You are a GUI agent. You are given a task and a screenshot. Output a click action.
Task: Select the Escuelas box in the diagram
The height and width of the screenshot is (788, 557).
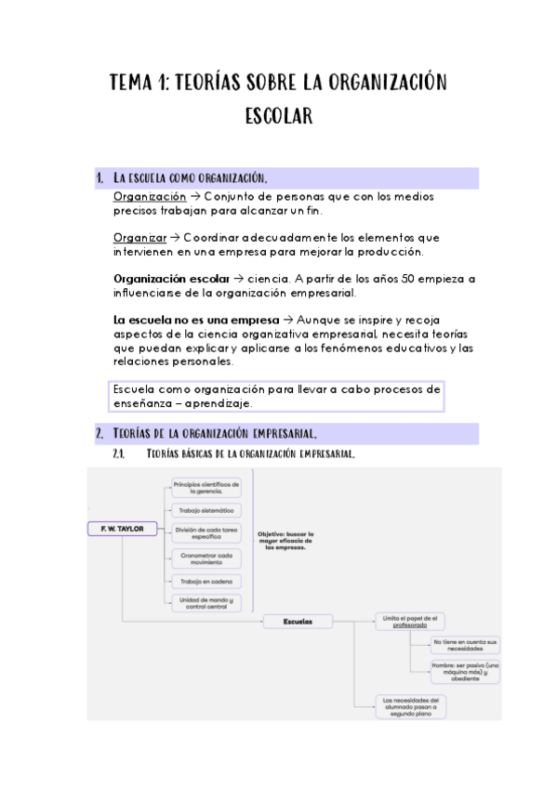298,621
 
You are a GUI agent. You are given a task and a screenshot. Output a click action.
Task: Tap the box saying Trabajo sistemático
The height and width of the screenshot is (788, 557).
206,510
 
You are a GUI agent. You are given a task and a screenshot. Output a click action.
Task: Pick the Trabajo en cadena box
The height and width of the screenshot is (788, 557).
206,581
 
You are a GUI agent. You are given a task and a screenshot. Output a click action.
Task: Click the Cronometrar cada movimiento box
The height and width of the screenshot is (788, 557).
206,558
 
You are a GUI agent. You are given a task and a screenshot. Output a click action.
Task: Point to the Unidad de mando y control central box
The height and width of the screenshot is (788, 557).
206,603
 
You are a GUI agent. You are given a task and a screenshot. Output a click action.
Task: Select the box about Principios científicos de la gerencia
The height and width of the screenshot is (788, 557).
206,487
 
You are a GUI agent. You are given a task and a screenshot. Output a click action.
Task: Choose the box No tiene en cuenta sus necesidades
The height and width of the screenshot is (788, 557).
466,645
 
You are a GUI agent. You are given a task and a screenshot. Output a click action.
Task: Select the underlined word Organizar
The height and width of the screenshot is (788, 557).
140,237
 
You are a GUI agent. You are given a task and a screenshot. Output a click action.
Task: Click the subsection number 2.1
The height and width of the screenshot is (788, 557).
118,453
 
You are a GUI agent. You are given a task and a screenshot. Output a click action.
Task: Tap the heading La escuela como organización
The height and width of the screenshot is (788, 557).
190,178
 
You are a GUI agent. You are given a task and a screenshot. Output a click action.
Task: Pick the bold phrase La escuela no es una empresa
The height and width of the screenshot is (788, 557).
195,320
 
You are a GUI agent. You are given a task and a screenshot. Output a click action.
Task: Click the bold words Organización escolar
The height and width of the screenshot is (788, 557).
171,278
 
